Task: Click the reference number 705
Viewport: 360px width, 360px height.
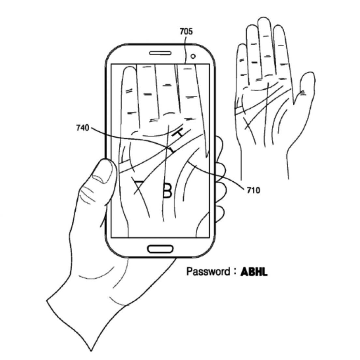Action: (x=186, y=32)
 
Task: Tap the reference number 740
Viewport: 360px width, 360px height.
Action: (x=82, y=128)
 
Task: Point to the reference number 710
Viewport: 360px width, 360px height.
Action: (x=253, y=190)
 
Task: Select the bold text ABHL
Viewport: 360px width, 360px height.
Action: (x=254, y=272)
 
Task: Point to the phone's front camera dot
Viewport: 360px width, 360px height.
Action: (x=193, y=56)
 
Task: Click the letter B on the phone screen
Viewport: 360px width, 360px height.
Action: (x=167, y=190)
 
